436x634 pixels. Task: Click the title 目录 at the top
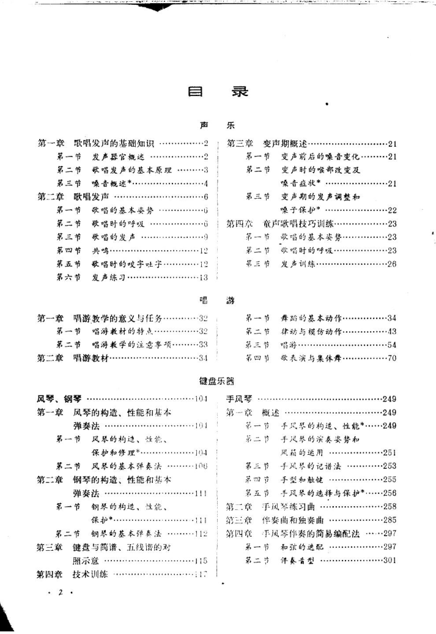(217, 93)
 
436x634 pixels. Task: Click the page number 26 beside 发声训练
(392, 264)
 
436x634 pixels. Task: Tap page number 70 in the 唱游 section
(392, 358)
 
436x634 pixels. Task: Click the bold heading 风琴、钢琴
(57, 399)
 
